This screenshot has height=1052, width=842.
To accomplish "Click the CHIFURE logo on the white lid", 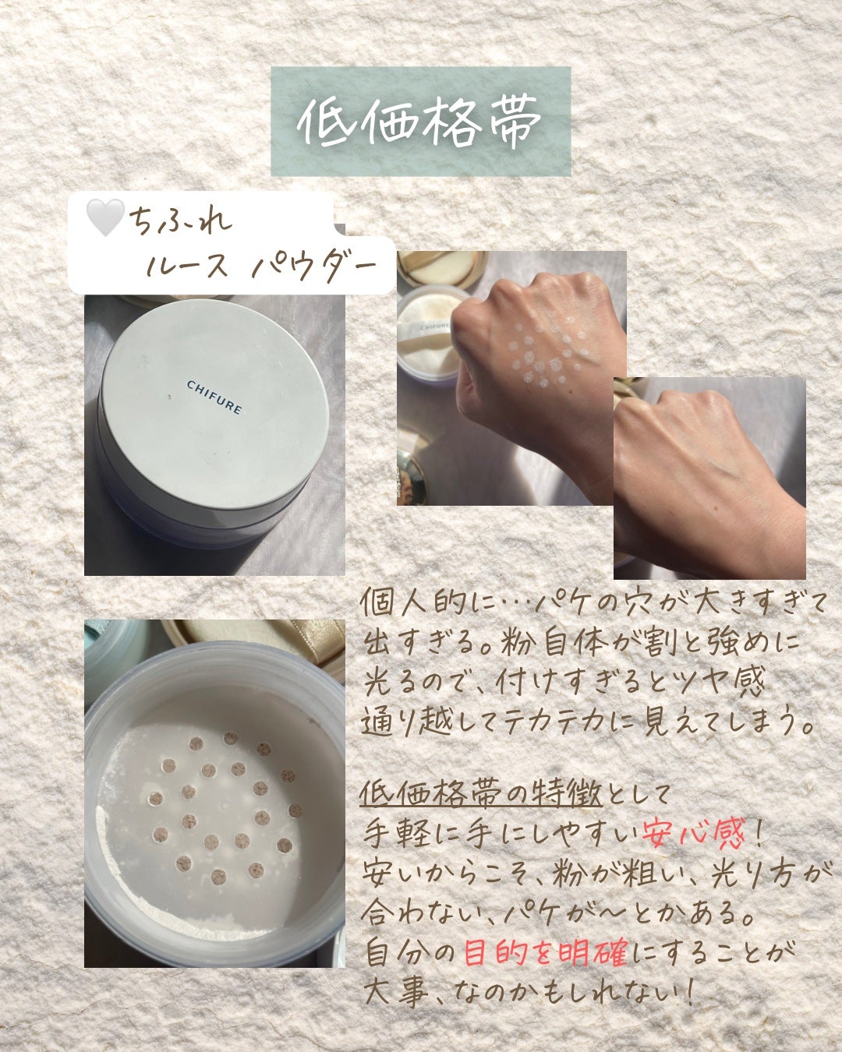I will [214, 397].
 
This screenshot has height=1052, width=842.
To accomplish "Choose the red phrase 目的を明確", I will [545, 952].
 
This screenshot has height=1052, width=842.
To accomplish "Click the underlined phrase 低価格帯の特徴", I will [481, 794].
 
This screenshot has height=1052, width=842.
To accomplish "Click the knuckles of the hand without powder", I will [686, 405].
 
